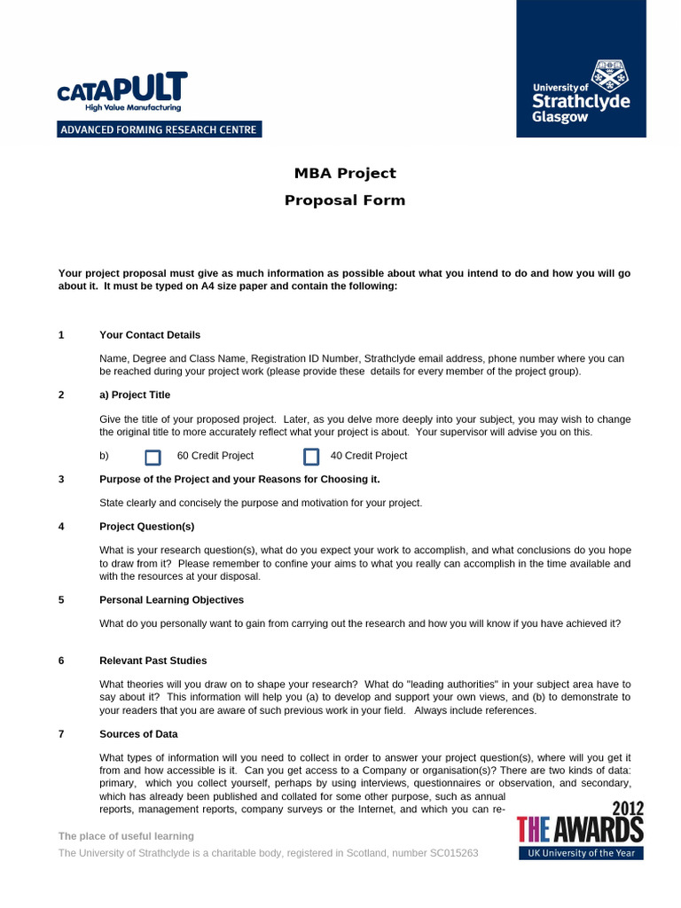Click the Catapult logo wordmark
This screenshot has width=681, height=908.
coord(121,89)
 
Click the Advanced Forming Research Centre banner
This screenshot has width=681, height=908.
coord(159,129)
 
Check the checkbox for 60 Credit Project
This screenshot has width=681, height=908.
coord(153,457)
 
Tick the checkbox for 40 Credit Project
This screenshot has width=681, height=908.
coord(311,457)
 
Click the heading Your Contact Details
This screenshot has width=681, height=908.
coord(150,335)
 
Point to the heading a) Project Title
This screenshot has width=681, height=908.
coord(135,395)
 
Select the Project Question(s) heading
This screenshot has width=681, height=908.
coord(147,527)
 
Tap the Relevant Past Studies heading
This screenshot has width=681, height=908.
coord(153,661)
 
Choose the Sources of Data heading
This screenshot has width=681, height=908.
coord(138,734)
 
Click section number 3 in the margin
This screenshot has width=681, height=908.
coord(61,480)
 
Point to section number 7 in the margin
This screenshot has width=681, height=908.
coord(61,734)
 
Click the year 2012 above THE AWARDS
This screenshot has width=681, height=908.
coord(626,809)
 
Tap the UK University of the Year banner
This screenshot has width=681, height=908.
coord(581,853)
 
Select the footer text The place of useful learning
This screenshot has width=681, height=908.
coord(126,836)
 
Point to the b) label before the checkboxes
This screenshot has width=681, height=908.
coord(104,456)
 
